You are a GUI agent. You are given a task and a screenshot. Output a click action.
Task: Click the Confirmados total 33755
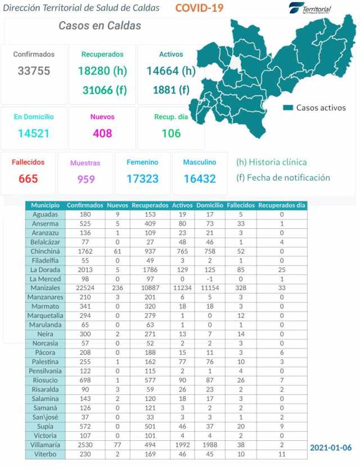(34, 71)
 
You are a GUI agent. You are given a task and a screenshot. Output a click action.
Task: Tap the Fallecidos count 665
(28, 179)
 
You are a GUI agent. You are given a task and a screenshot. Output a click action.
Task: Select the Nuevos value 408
(102, 133)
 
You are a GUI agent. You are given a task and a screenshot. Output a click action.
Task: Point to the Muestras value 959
(85, 179)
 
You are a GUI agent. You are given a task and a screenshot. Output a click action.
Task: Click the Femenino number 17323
(142, 179)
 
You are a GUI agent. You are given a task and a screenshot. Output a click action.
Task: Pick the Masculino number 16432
(200, 179)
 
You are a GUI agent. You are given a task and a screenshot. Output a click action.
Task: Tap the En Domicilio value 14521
(34, 133)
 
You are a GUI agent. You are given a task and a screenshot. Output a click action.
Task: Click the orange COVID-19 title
(199, 8)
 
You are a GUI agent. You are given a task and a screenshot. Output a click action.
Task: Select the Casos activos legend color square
(288, 107)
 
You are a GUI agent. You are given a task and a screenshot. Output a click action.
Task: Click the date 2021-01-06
(331, 448)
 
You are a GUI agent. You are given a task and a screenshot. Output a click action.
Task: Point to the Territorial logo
(310, 9)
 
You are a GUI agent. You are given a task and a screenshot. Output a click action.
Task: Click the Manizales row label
(45, 288)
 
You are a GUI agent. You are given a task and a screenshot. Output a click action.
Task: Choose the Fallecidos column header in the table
(241, 206)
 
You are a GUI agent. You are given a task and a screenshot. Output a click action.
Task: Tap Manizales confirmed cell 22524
(85, 288)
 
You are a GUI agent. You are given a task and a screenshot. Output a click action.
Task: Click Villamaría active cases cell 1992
(182, 444)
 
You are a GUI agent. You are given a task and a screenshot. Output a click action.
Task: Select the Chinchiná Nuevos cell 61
(117, 251)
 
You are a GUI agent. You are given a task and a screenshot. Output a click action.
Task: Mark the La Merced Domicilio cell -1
(209, 279)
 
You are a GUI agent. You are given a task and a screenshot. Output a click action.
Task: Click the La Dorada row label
(45, 270)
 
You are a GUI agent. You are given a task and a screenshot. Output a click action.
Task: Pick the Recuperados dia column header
(281, 206)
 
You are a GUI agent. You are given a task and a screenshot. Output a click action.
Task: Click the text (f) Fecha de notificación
(283, 178)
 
